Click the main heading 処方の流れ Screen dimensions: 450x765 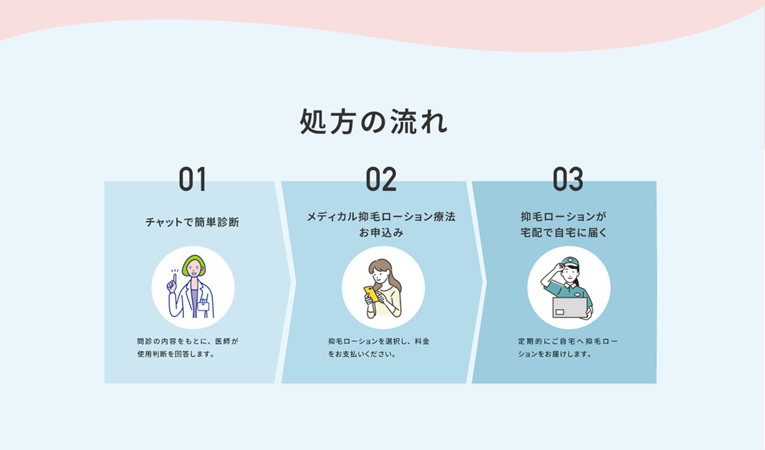pos(373,122)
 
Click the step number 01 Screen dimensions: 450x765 pos(192,179)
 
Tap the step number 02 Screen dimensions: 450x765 pos(381,179)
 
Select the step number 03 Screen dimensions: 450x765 pos(568,179)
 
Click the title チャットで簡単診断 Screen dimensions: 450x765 pos(192,222)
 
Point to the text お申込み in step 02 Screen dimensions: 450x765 pos(381,233)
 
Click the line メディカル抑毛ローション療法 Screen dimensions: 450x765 pos(381,216)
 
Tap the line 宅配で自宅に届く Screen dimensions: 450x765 pos(564,233)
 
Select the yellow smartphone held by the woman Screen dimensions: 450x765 pos(371,294)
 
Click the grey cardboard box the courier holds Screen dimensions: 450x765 pos(570,307)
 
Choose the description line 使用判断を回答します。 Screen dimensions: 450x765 pos(176,354)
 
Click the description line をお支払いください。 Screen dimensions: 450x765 pos(362,354)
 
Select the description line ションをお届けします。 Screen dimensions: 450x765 pos(555,354)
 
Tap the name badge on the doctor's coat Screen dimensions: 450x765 pos(203,303)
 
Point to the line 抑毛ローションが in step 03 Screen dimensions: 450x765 pos(564,216)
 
